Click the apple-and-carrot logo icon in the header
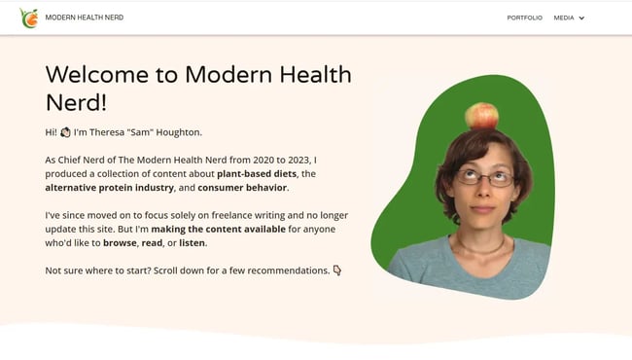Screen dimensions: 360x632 pyautogui.click(x=29, y=18)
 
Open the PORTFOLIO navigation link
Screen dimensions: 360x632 pyautogui.click(x=524, y=18)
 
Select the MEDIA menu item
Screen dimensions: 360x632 pyautogui.click(x=564, y=18)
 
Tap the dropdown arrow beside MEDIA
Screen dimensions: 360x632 pyautogui.click(x=582, y=18)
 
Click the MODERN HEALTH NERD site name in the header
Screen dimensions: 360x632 pyautogui.click(x=85, y=18)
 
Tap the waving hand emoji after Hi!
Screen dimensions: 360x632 pyautogui.click(x=65, y=132)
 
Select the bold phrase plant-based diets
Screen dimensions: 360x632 pyautogui.click(x=257, y=173)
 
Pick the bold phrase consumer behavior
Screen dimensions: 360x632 pyautogui.click(x=242, y=187)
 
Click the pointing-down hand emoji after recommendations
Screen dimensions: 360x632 pyautogui.click(x=337, y=270)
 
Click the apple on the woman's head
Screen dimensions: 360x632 pyautogui.click(x=481, y=117)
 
